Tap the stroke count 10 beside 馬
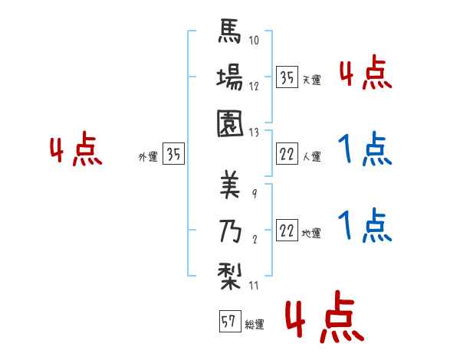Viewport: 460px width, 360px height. pyautogui.click(x=254, y=40)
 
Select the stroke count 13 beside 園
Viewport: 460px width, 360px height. pyautogui.click(x=254, y=131)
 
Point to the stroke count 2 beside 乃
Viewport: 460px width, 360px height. pyautogui.click(x=254, y=239)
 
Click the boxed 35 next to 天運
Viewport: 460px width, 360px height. pyautogui.click(x=287, y=77)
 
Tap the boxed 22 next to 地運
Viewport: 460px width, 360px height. pyautogui.click(x=287, y=230)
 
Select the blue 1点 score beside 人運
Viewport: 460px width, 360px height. pyautogui.click(x=365, y=149)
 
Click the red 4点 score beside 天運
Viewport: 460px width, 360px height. pyautogui.click(x=365, y=74)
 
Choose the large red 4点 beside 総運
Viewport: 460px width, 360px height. pyautogui.click(x=324, y=320)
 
